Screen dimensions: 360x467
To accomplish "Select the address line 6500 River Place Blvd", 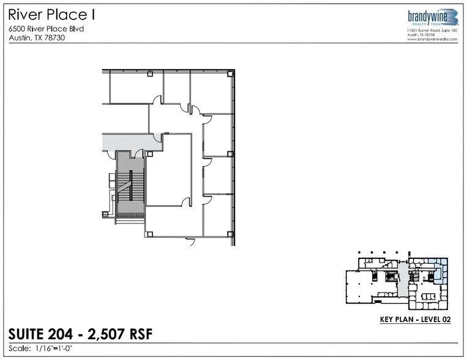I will (47, 29).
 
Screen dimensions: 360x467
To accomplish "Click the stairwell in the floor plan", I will (130, 184).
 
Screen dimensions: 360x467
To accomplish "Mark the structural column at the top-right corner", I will (229, 73).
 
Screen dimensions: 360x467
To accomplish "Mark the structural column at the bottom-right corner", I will (229, 233).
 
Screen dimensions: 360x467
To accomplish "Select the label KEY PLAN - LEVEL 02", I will (415, 320).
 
